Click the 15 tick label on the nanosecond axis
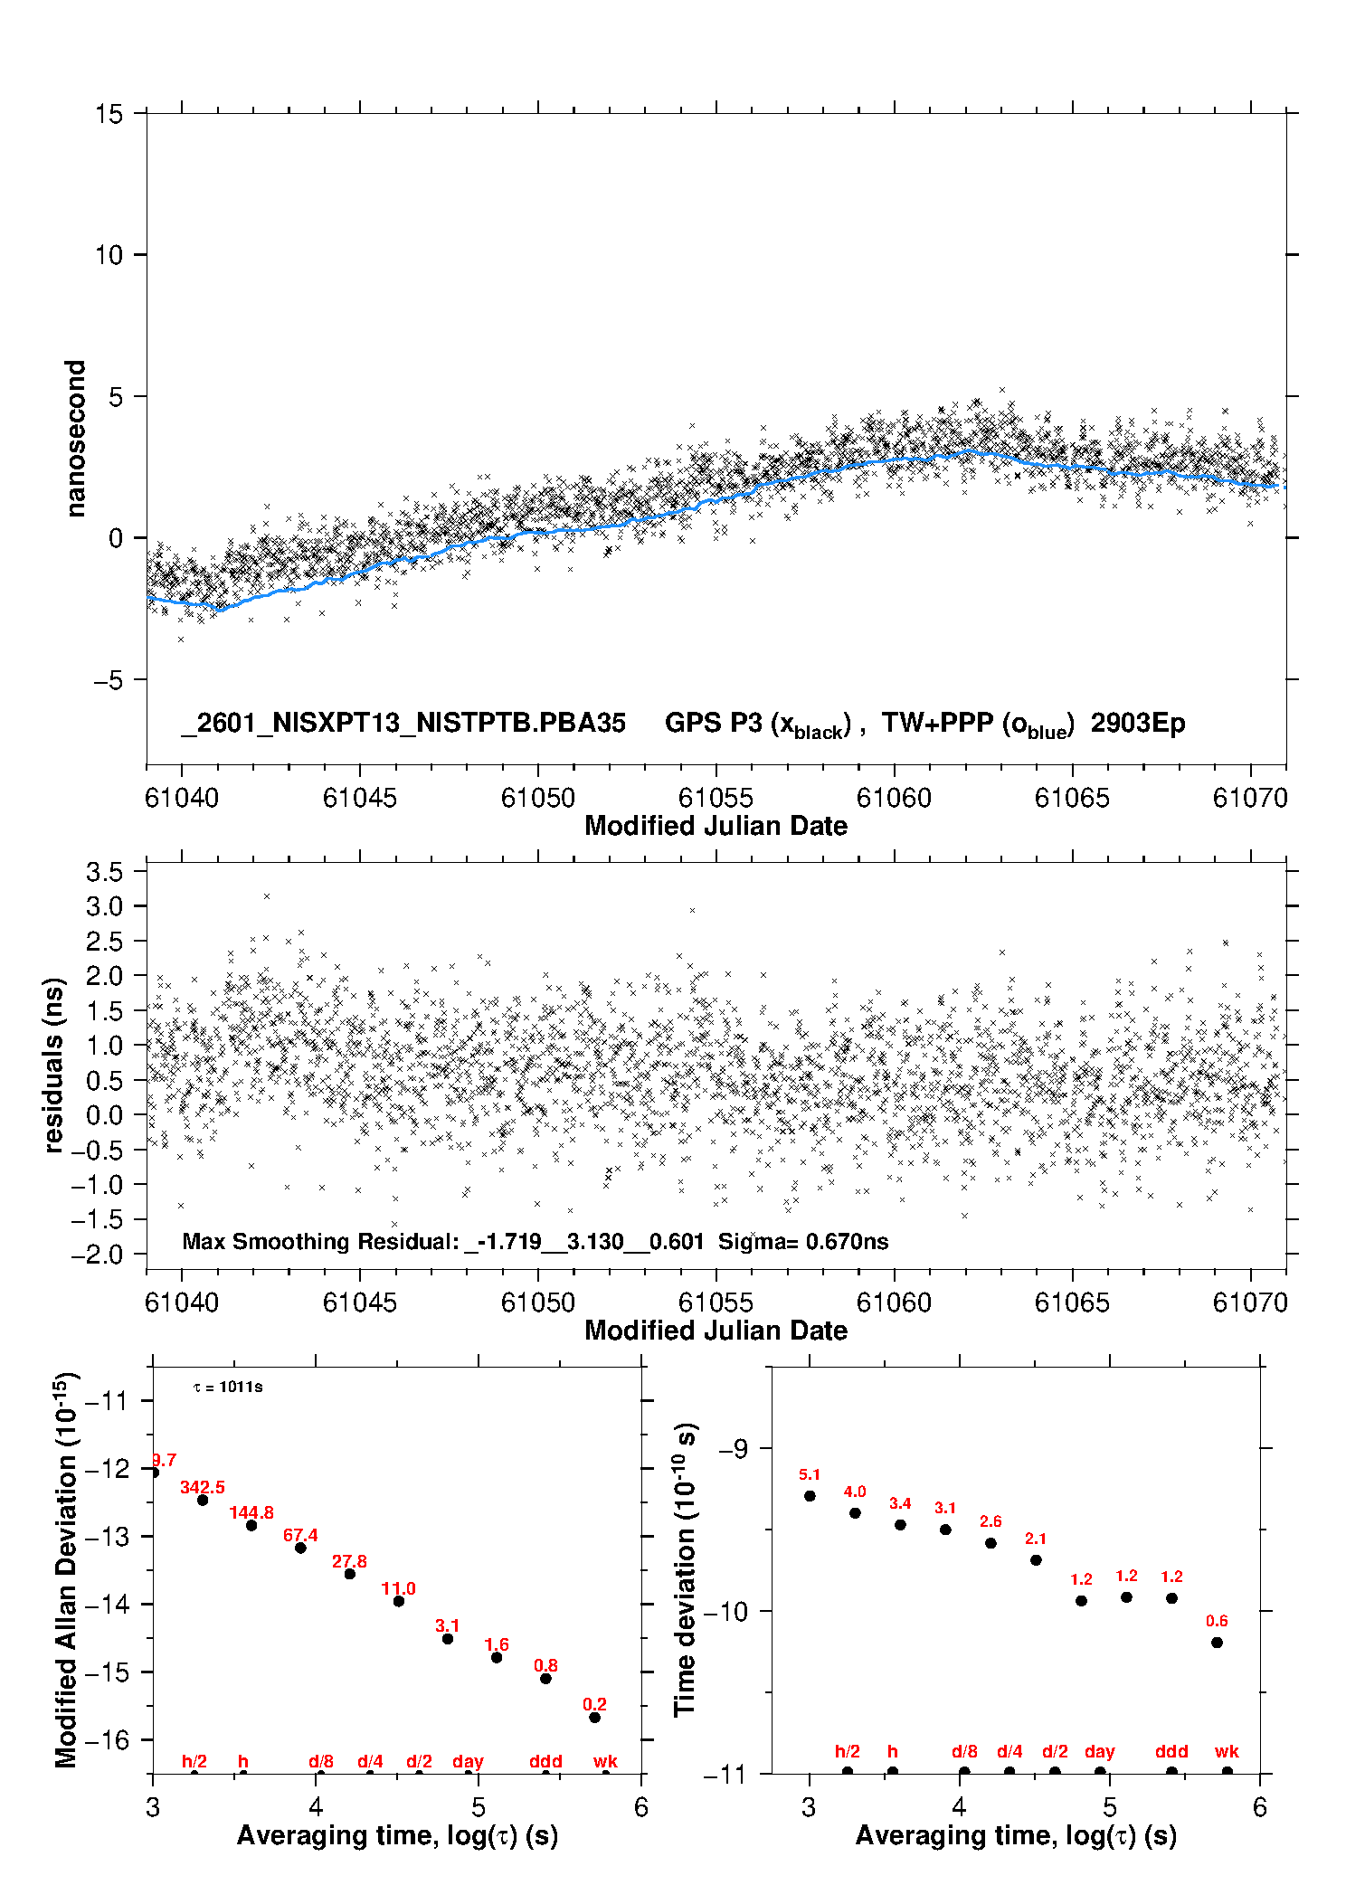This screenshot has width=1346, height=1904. [109, 114]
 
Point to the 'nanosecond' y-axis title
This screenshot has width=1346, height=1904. [75, 438]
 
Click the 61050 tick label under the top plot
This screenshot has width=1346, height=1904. [537, 798]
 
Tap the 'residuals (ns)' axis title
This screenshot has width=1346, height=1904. [54, 1065]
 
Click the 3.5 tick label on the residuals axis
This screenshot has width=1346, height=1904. [104, 872]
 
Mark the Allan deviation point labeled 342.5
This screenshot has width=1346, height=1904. [203, 1500]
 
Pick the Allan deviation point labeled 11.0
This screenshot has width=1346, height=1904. [399, 1601]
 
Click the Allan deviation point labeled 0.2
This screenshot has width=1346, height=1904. [594, 1717]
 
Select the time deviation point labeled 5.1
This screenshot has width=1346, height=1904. [810, 1495]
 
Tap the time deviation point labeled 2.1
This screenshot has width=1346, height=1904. [1036, 1559]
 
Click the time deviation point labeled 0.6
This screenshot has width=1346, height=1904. [1217, 1642]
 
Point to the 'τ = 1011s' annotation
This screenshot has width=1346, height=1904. [228, 1387]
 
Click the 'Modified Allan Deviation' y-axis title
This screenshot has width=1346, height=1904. [66, 1569]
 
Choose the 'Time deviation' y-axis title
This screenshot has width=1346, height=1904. [685, 1569]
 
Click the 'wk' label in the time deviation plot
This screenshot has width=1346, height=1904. [1227, 1751]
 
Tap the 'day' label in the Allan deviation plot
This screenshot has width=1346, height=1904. [468, 1761]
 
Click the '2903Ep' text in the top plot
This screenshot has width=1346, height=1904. [1137, 723]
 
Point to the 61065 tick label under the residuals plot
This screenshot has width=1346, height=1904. [1071, 1302]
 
